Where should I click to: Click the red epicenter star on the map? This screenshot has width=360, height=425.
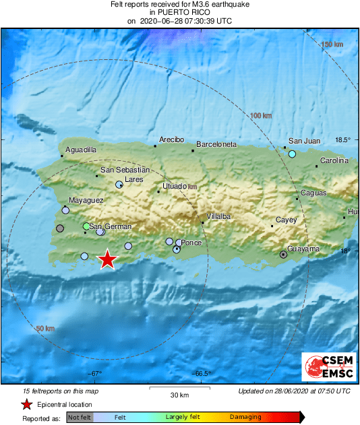click(107, 259)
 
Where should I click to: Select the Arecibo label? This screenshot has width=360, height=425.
click(171, 139)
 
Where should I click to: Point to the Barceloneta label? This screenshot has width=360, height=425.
click(216, 144)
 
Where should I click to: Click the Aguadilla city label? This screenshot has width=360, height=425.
click(81, 150)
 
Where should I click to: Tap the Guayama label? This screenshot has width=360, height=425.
click(303, 249)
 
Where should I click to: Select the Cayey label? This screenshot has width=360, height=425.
click(286, 220)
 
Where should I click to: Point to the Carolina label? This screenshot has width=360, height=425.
click(334, 160)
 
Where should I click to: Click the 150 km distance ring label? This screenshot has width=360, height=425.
click(332, 44)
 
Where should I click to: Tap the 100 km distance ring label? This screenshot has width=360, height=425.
click(260, 116)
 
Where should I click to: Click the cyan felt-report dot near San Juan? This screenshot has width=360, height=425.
click(293, 154)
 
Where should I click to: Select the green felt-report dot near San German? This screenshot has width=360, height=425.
click(86, 226)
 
